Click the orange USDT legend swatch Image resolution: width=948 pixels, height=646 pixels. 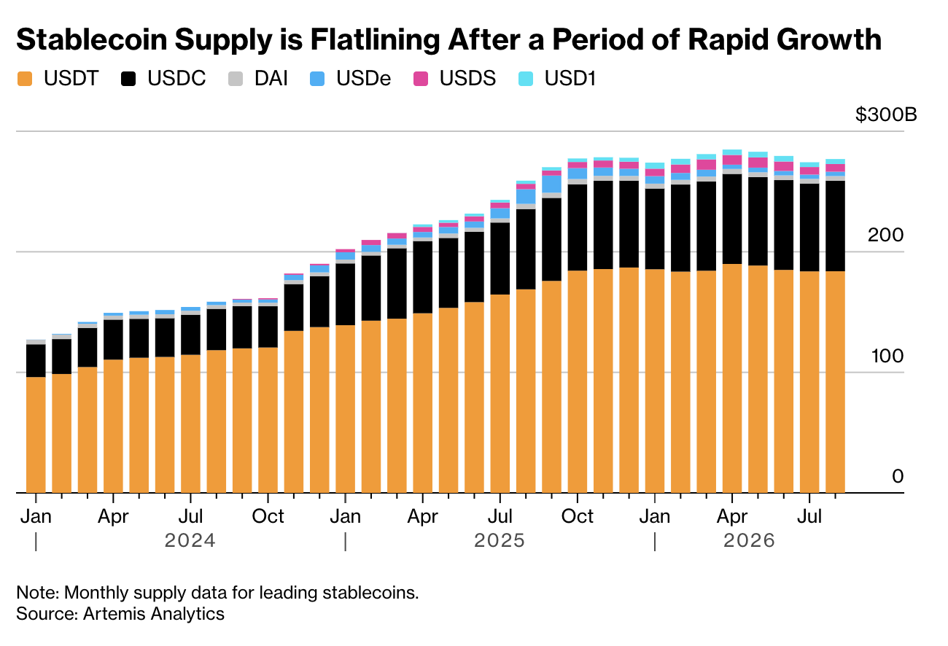tap(25, 79)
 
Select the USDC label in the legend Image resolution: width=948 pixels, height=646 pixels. tap(176, 78)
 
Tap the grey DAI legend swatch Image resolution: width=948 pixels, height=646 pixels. tap(236, 79)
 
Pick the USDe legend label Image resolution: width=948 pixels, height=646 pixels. tap(364, 78)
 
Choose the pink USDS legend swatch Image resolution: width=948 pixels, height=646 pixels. tap(421, 79)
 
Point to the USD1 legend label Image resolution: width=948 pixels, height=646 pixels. tap(570, 78)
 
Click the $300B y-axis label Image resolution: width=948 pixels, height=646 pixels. tap(886, 114)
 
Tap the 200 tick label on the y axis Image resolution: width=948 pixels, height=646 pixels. tap(885, 236)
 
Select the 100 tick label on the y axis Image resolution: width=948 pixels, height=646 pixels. tap(887, 357)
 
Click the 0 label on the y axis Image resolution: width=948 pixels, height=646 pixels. tap(898, 477)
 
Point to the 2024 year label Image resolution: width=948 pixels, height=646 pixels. tap(190, 541)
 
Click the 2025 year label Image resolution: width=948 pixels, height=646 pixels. tap(500, 541)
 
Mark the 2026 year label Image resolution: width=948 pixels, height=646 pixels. tap(749, 541)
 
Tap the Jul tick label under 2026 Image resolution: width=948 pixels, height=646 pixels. tap(809, 516)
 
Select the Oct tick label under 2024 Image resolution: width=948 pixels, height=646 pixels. tap(268, 516)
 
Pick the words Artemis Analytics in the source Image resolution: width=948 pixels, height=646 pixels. tap(154, 614)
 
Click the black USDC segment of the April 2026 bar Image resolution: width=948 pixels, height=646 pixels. tap(731, 219)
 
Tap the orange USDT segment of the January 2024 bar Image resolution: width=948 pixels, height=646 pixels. tap(36, 435)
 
